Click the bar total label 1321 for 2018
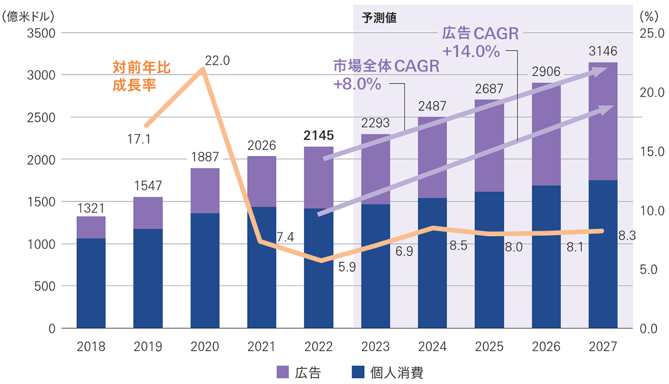pyautogui.click(x=91, y=208)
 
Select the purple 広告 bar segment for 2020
pyautogui.click(x=205, y=190)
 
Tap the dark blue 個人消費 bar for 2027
pyautogui.click(x=603, y=254)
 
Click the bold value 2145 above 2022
pyautogui.click(x=318, y=135)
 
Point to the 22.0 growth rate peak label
pyautogui.click(x=217, y=61)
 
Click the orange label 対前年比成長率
pyautogui.click(x=141, y=76)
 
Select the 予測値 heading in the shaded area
pyautogui.click(x=379, y=17)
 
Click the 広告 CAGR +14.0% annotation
pyautogui.click(x=480, y=42)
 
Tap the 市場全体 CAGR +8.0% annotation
pyautogui.click(x=386, y=75)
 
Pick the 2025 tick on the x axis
pyautogui.click(x=489, y=347)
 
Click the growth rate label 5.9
pyautogui.click(x=347, y=267)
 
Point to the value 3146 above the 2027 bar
pyautogui.click(x=603, y=51)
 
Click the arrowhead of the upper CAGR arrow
pyautogui.click(x=601, y=70)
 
